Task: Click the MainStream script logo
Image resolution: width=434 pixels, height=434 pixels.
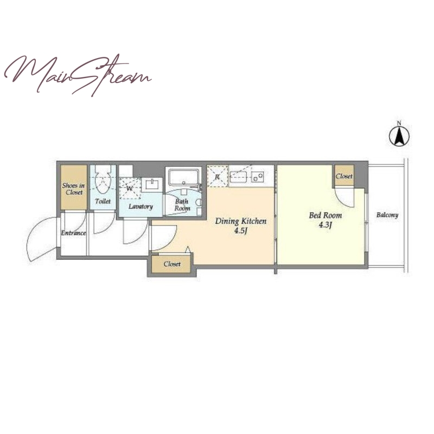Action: pos(78,75)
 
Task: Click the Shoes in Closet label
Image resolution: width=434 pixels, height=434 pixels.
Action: pos(74,189)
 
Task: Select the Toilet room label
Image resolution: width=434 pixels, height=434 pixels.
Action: pos(103,201)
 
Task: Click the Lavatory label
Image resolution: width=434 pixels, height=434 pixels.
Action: pos(141,207)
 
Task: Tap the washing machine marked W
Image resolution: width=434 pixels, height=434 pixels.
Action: pos(130,188)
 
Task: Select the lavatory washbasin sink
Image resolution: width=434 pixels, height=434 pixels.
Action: pos(152,184)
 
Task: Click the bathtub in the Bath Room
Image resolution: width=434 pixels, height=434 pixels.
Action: pos(184,177)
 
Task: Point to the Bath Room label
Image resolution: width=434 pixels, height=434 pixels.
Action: pos(182,205)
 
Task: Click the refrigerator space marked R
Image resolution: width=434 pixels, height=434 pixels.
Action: pos(218,176)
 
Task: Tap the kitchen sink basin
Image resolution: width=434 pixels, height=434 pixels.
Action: pos(238,177)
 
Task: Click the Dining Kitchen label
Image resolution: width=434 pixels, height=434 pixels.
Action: pos(241,221)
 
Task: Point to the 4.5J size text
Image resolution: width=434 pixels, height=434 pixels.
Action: pos(240,231)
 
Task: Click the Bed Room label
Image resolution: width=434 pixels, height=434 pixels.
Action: pos(325,215)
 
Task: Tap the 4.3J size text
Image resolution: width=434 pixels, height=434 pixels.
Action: pos(325,225)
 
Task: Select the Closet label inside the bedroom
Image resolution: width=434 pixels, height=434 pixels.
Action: pos(344,176)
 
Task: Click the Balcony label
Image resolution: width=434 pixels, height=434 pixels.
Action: pos(387,215)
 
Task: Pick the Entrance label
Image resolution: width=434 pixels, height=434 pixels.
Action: pos(73,233)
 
